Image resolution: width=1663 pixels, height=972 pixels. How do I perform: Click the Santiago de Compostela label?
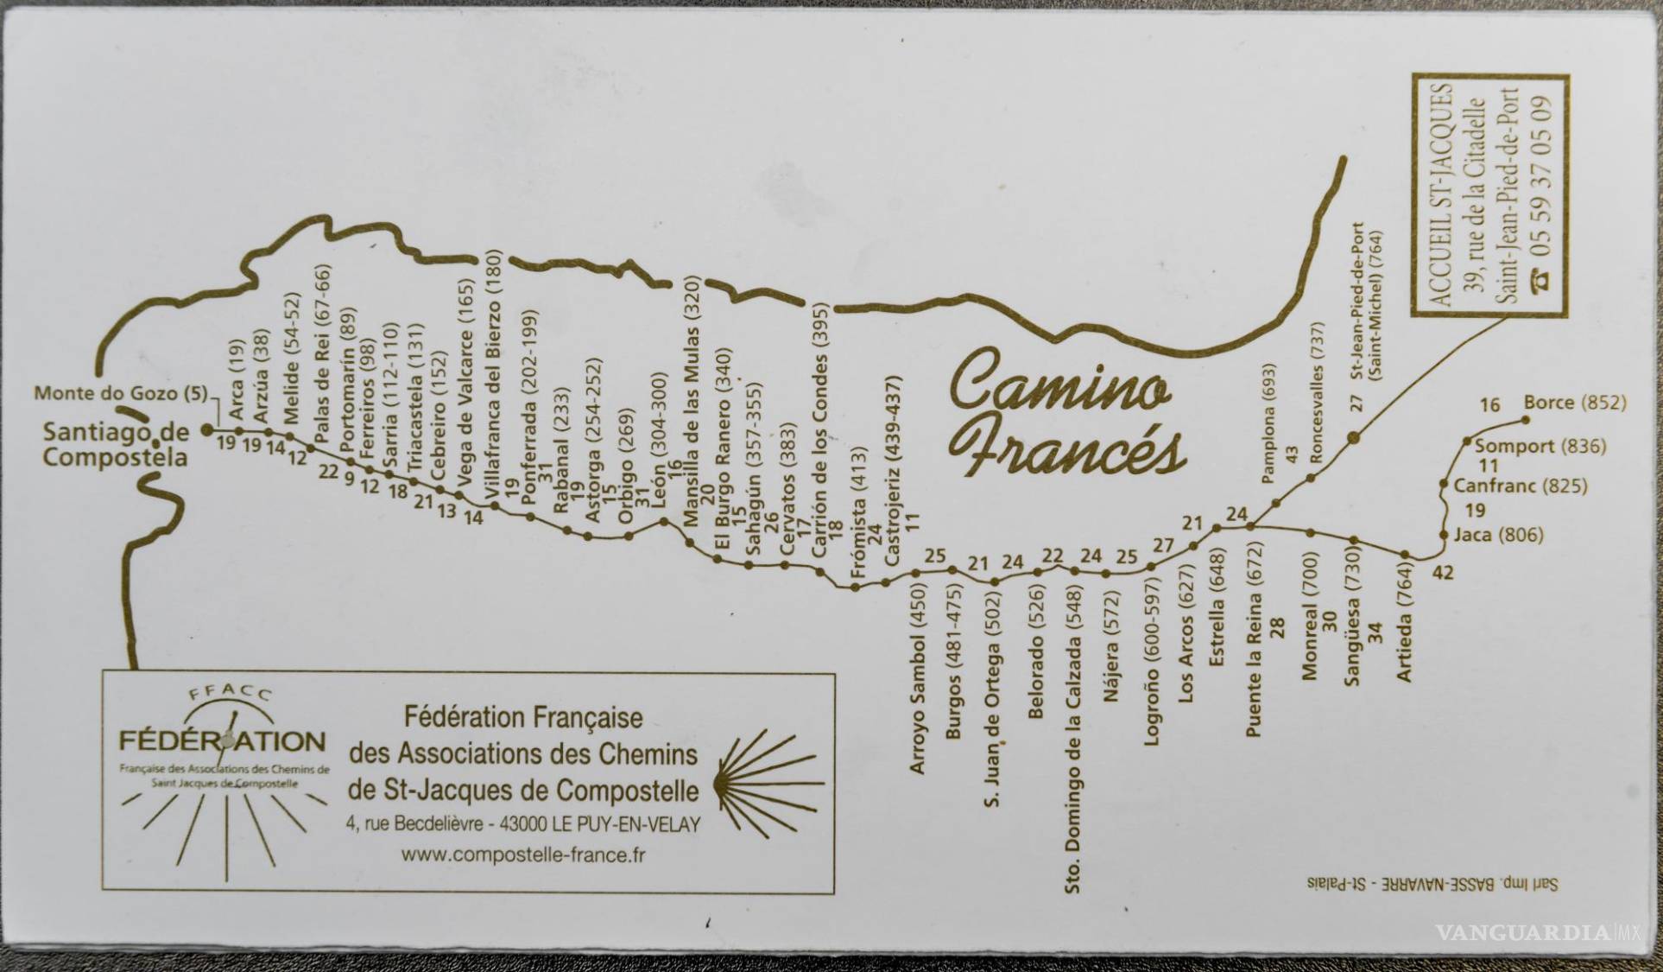pyautogui.click(x=115, y=444)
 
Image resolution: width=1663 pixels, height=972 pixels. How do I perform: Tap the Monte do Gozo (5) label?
pyautogui.click(x=121, y=394)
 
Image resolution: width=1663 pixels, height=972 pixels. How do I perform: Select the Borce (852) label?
pyautogui.click(x=1574, y=403)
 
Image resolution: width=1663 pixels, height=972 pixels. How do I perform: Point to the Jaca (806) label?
pyautogui.click(x=1498, y=535)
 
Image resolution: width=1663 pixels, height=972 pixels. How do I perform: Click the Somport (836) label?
pyautogui.click(x=1540, y=446)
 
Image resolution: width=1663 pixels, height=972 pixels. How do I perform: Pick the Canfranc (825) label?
pyautogui.click(x=1520, y=486)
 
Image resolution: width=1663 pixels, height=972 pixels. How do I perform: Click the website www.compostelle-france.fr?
pyautogui.click(x=523, y=854)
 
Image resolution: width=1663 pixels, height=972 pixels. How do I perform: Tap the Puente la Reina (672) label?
pyautogui.click(x=1254, y=639)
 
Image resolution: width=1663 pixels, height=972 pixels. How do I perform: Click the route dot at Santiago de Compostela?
pyautogui.click(x=206, y=429)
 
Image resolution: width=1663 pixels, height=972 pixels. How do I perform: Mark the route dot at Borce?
pyautogui.click(x=1525, y=420)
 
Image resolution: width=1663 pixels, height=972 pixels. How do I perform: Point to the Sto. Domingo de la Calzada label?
pyautogui.click(x=1073, y=739)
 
